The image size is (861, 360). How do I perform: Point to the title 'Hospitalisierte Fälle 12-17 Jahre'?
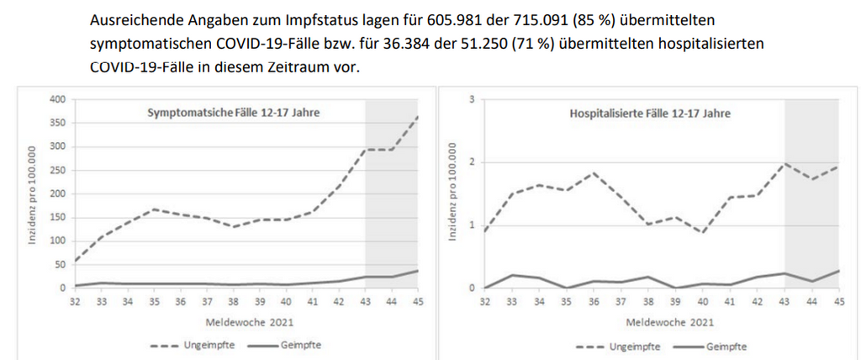click(645, 112)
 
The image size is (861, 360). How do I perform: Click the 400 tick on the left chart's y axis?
click(57, 99)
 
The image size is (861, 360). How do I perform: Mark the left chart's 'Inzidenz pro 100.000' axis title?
click(34, 193)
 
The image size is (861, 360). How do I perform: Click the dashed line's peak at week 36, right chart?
click(594, 173)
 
